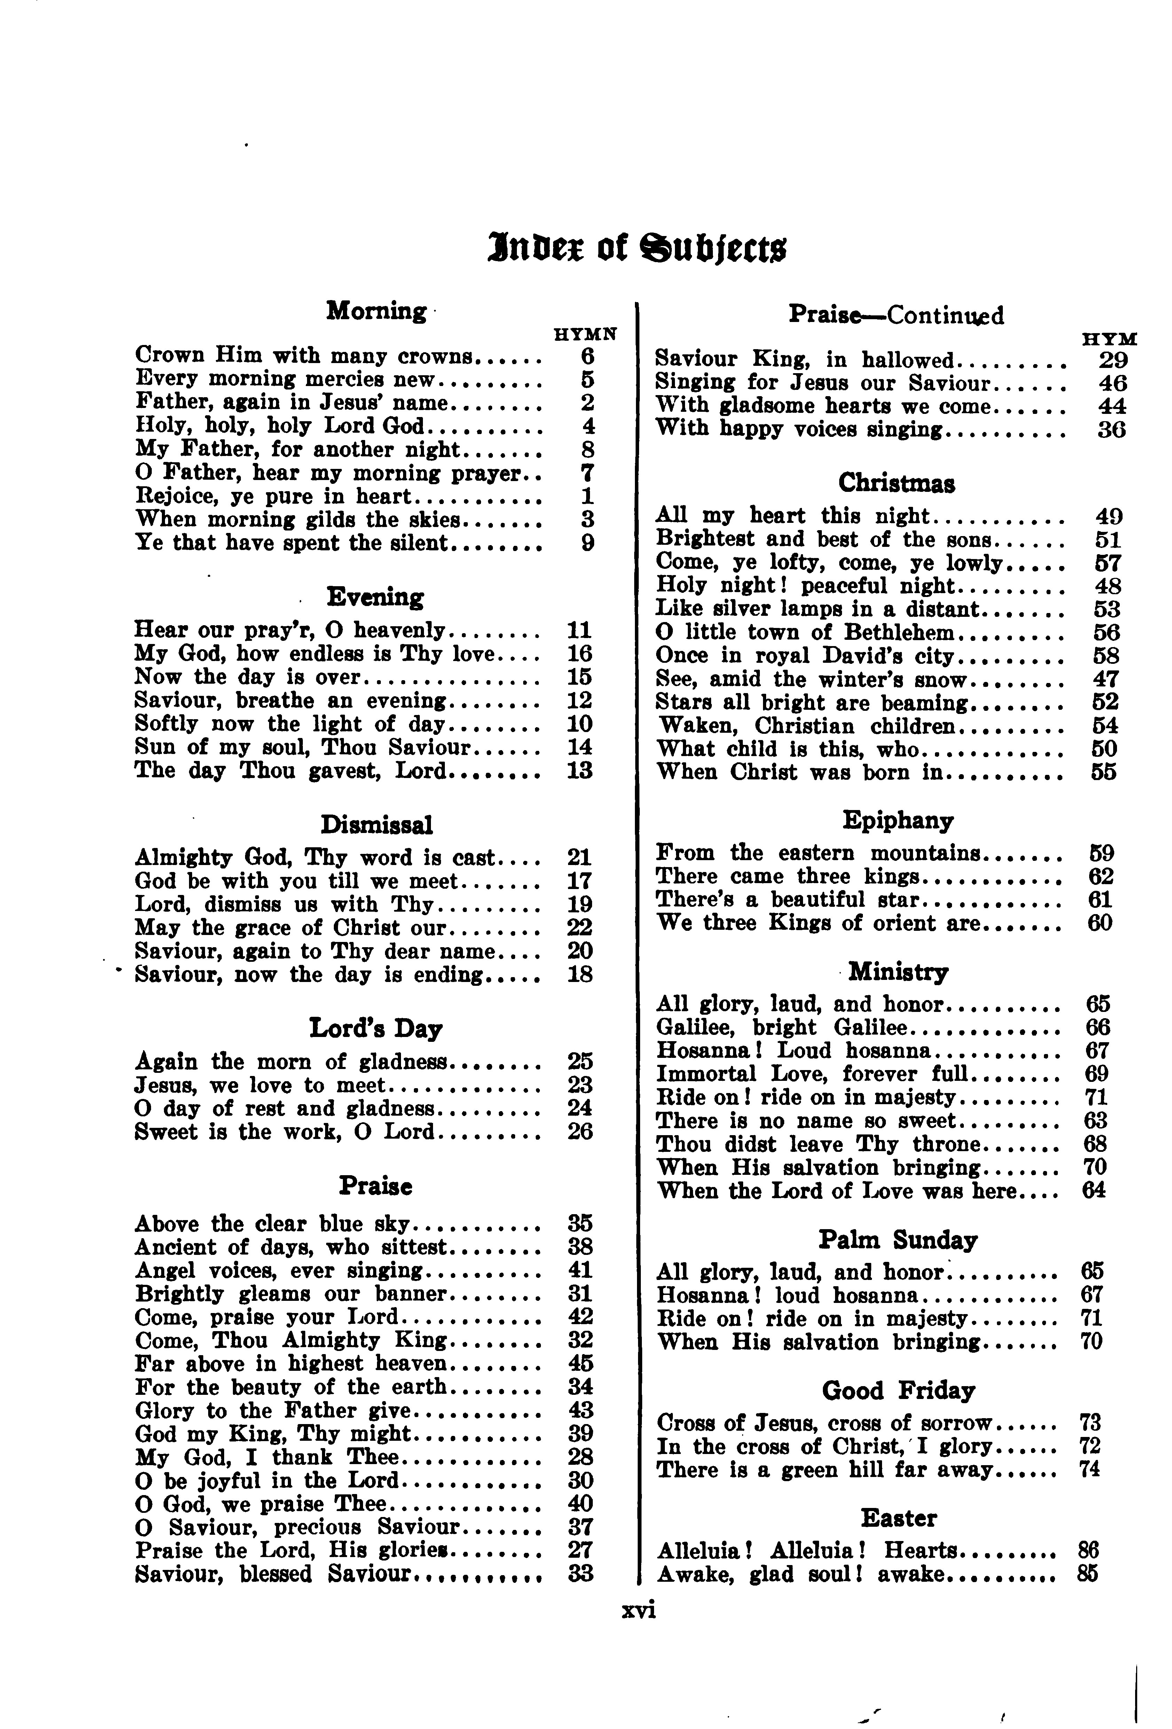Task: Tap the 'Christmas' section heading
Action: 897,484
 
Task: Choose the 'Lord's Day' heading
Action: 376,1029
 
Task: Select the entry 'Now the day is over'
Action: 248,677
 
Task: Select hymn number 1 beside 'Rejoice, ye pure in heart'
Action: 587,496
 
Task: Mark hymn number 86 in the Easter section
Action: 1088,1551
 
